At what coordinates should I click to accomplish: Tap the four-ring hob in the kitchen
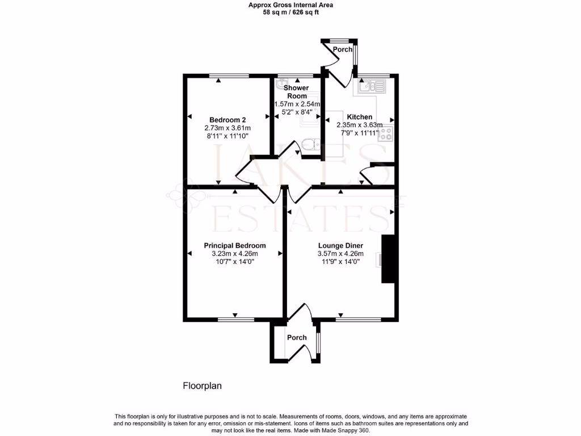386,134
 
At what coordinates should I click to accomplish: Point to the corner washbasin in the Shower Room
280,85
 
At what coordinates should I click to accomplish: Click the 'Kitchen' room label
359,117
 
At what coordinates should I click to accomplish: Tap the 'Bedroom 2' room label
228,120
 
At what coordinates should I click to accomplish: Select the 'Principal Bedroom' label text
234,245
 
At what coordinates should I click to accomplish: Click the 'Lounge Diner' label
340,245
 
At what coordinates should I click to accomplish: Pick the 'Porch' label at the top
342,49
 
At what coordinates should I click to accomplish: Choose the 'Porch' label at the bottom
297,337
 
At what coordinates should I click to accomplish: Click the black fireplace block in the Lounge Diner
388,258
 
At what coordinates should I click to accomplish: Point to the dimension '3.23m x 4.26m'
234,254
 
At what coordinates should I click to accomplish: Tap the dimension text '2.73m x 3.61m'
228,128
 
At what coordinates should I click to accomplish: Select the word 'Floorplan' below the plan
201,385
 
